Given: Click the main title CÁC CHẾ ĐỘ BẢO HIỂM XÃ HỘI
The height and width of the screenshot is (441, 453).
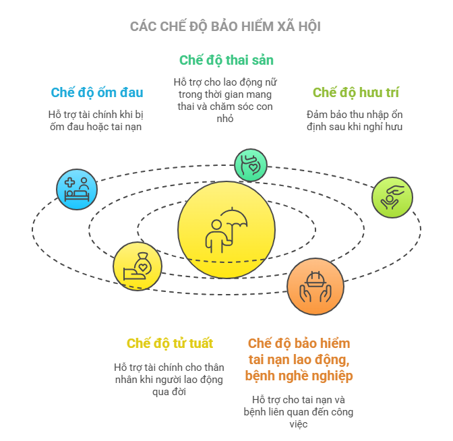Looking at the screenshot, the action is point(225,26).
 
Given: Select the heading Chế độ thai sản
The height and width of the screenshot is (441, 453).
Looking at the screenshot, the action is point(227,61).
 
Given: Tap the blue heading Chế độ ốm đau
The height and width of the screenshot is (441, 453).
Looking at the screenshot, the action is point(97,93).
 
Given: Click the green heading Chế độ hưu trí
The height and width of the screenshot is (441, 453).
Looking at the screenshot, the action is point(356,93).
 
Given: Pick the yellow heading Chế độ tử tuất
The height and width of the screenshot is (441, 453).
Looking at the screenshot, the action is point(170,343).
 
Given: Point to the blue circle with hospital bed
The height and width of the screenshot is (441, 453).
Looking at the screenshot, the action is point(77,189).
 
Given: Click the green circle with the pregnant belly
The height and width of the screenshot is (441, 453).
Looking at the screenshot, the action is point(251,165).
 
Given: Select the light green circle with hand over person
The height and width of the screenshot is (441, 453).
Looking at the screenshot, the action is point(392,198).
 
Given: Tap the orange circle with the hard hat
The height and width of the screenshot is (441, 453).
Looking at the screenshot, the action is point(315,287).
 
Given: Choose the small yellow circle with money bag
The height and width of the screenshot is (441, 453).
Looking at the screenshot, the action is point(138,266).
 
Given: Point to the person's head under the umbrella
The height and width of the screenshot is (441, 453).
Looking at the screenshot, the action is point(216,225).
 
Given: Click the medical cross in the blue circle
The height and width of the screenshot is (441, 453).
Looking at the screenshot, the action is point(69,182).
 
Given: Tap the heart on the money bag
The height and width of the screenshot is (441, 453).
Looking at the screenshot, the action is point(143,267).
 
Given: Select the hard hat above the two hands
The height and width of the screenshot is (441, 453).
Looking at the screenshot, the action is point(315,279).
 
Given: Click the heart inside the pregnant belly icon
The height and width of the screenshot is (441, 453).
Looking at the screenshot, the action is point(253,167).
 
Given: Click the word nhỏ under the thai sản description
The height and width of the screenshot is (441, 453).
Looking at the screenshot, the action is point(225,119).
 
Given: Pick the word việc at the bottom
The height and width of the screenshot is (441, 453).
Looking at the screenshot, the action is point(299,424).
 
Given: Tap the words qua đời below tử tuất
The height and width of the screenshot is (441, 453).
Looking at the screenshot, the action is point(169,392).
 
